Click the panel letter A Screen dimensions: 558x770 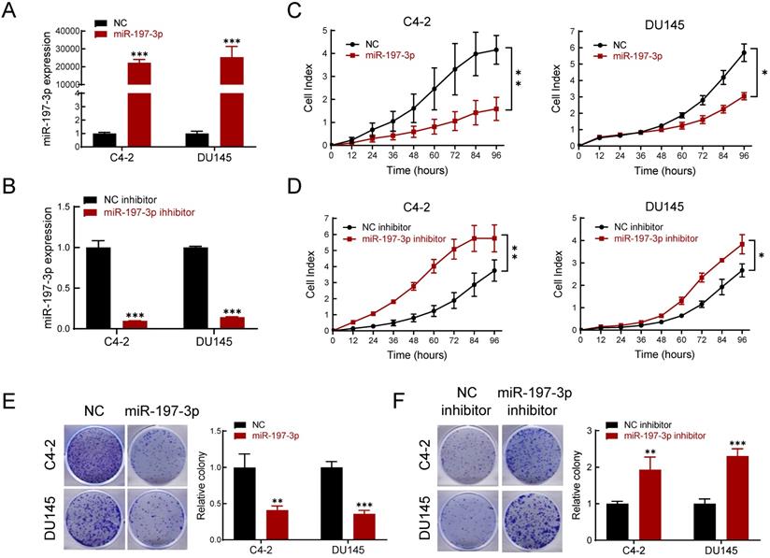click(11, 11)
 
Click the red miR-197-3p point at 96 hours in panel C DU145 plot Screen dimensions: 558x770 click(743, 95)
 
